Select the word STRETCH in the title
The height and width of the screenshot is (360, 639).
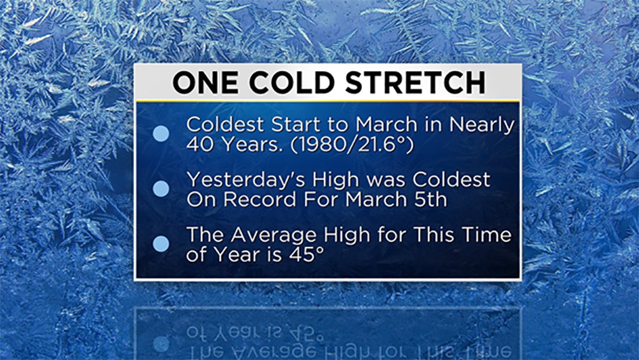click(415, 83)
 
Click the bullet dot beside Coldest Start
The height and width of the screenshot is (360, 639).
click(161, 134)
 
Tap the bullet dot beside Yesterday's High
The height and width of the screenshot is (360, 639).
click(161, 188)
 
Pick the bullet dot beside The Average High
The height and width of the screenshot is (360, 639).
click(161, 243)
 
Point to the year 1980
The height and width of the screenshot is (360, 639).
click(322, 145)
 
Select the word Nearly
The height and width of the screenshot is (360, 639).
click(482, 125)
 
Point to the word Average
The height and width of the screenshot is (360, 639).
click(275, 236)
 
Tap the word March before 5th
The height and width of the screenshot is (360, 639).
click(376, 200)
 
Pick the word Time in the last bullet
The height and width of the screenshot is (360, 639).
click(486, 235)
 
